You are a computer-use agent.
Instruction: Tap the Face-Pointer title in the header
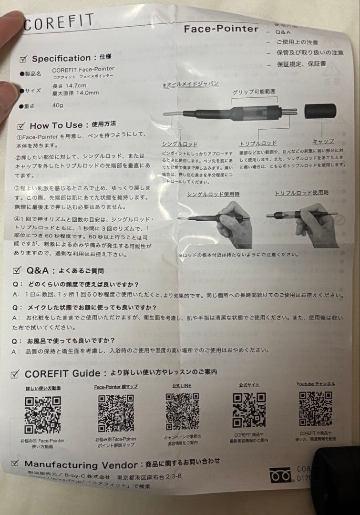point(221,29)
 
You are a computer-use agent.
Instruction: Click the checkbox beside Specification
point(23,59)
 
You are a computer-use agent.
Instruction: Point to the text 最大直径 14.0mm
point(76,93)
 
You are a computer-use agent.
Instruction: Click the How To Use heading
point(56,125)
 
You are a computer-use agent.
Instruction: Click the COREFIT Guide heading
point(62,373)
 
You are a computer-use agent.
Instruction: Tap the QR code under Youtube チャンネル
point(315,409)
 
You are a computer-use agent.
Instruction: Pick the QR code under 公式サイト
point(249,410)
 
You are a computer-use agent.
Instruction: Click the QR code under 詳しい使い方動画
point(43,414)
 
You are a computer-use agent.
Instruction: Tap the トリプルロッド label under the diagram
point(258,143)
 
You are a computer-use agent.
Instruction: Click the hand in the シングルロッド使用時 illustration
point(232,219)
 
